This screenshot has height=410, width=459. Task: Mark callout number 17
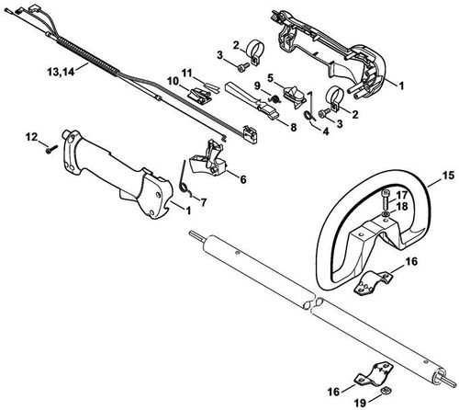[x=400, y=194]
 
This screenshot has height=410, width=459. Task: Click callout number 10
[x=171, y=83]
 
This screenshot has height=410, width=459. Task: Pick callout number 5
[x=270, y=77]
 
